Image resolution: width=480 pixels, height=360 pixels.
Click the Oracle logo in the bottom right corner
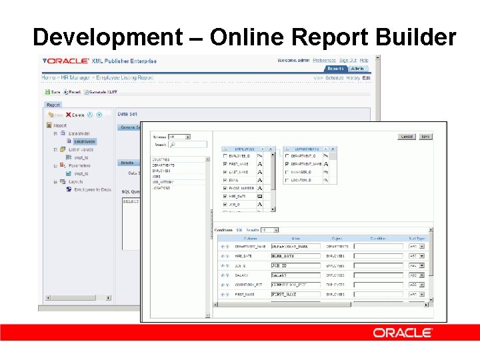tap(403, 332)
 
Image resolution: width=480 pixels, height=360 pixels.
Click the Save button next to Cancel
tap(425, 137)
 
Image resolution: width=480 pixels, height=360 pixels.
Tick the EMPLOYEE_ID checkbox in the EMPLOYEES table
tap(225, 156)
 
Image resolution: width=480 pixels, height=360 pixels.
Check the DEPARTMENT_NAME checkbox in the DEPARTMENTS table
tap(287, 163)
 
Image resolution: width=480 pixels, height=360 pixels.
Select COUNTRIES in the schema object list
tap(161, 160)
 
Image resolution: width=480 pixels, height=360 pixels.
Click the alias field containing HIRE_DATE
tap(295, 256)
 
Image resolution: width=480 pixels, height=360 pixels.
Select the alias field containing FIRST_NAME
tap(295, 294)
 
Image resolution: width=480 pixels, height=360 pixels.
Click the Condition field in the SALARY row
tap(378, 275)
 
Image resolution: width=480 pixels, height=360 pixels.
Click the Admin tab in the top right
tap(358, 69)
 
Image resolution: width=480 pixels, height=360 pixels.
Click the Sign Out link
tap(347, 61)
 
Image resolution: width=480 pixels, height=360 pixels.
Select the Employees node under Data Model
tap(85, 141)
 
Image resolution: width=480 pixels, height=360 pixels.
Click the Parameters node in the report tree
tap(79, 165)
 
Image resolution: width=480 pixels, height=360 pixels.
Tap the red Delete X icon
tap(69, 115)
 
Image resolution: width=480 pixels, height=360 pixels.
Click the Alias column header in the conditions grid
tap(295, 238)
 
